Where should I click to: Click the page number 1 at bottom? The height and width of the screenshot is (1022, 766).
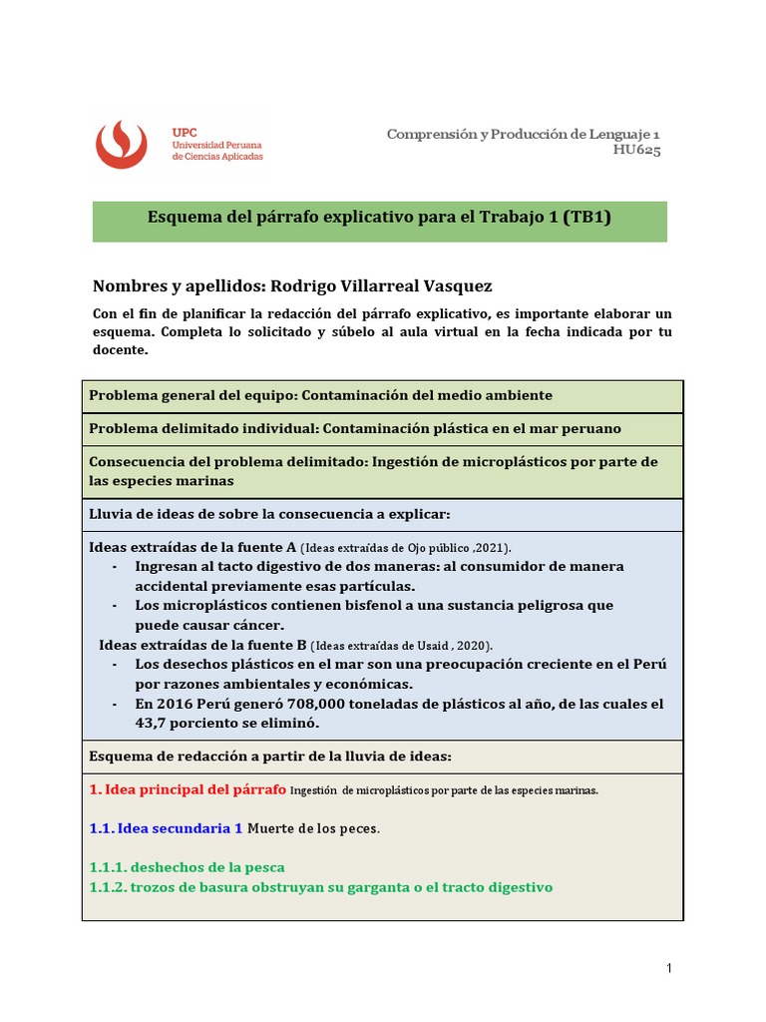pyautogui.click(x=670, y=968)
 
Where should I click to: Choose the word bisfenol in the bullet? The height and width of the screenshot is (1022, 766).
pyautogui.click(x=345, y=606)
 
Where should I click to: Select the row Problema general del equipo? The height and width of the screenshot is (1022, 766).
pyautogui.click(x=320, y=396)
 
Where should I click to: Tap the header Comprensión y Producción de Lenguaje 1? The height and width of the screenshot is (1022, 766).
pyautogui.click(x=523, y=133)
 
